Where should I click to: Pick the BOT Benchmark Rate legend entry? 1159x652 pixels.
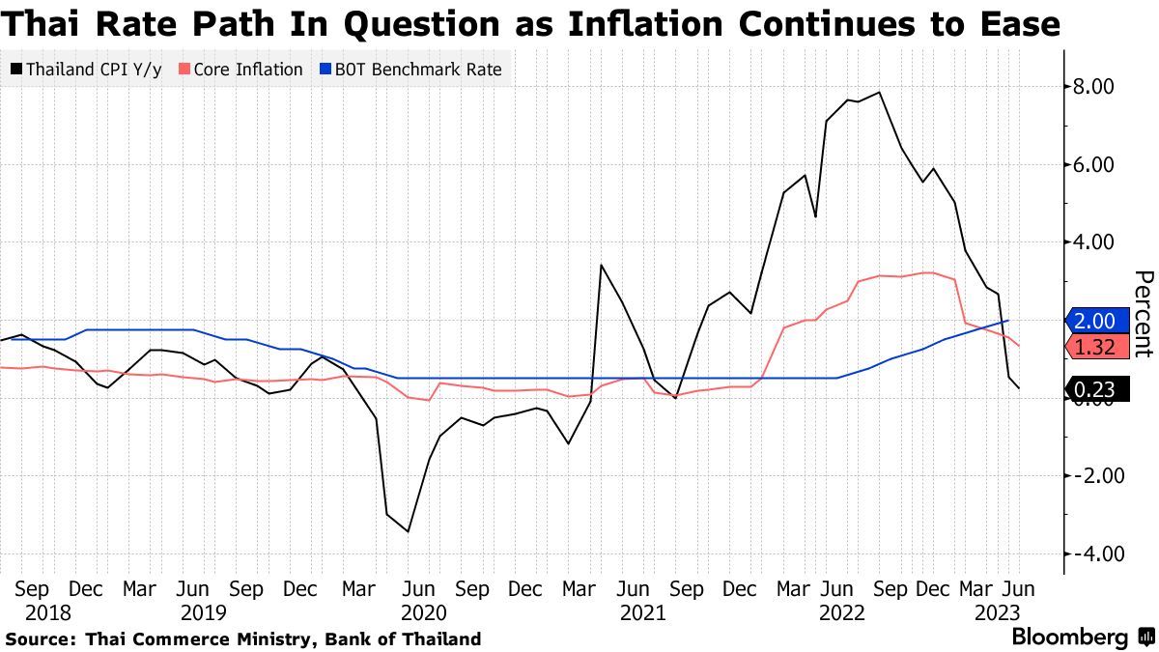410,70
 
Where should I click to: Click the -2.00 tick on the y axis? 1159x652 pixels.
1089,475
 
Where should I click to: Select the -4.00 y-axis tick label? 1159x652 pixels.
1089,553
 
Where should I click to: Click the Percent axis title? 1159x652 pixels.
1142,314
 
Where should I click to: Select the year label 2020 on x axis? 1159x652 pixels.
422,612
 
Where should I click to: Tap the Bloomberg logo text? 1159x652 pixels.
1069,638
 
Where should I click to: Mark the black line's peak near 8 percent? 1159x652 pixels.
879,93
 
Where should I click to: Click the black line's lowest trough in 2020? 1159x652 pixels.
409,531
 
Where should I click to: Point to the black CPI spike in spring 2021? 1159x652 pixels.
601,265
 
